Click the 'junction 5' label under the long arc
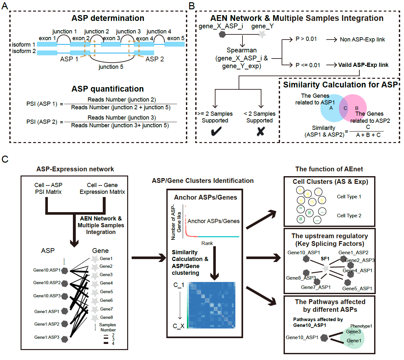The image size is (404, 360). click(111, 67)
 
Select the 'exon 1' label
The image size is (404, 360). click(47, 38)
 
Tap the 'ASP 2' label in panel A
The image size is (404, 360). click(154, 59)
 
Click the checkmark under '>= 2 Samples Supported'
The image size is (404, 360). click(216, 131)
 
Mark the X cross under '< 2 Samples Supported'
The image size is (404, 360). click(261, 131)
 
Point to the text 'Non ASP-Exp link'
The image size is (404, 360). click(362, 40)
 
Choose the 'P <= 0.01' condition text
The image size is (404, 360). click(308, 65)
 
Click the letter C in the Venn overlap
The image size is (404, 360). click(345, 108)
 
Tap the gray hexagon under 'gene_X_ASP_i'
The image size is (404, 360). click(222, 34)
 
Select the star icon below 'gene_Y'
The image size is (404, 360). click(262, 34)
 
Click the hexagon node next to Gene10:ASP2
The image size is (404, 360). click(65, 283)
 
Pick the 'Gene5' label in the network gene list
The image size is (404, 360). click(106, 292)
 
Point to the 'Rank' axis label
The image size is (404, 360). click(207, 243)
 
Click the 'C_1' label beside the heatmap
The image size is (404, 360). click(179, 285)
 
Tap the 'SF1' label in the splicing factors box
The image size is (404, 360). click(325, 258)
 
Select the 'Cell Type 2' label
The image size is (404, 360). click(349, 216)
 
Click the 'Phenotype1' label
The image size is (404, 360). click(361, 326)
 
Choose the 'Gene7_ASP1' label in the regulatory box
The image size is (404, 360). click(316, 287)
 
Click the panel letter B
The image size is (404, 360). click(192, 6)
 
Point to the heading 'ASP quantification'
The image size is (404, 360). click(108, 89)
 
